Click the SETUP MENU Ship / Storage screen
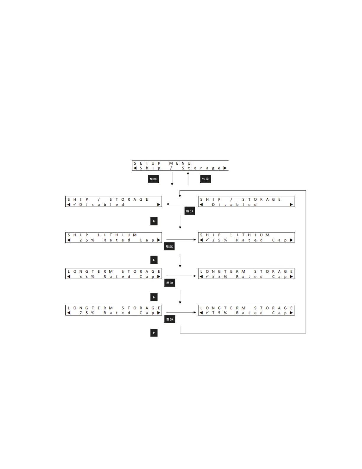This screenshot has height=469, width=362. coord(180,166)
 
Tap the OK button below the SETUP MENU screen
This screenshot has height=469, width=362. coord(153,179)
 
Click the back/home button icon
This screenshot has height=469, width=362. coord(205,179)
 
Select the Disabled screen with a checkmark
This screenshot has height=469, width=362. coord(114,202)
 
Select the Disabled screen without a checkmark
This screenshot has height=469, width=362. coord(246,202)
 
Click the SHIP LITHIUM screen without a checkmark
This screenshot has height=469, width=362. coord(114,237)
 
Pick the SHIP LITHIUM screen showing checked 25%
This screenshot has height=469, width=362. coord(246,237)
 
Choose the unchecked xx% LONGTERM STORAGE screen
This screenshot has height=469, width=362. coord(114,274)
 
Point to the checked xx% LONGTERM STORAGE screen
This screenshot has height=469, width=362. coord(246,274)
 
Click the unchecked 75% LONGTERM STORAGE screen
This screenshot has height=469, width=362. coord(114,310)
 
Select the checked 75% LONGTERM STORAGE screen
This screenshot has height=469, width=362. coord(246,310)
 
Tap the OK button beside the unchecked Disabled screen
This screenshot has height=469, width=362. coord(190,211)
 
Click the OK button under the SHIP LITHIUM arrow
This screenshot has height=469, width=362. coord(169,246)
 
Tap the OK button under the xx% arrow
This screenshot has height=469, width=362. coord(170,283)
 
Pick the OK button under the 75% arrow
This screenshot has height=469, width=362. coord(170,319)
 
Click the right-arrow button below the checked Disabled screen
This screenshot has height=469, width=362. coord(154,221)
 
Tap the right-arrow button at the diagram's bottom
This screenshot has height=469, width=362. coord(154,333)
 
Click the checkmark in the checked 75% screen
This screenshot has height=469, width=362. coord(207,313)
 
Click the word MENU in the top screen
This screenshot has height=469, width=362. coord(180,163)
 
